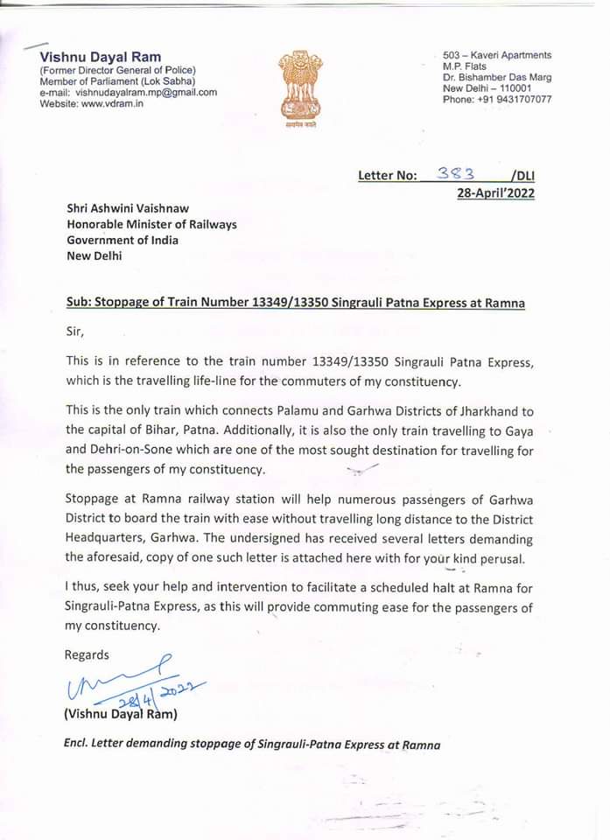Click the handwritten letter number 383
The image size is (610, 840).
454,174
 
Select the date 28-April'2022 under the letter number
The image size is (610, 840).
495,193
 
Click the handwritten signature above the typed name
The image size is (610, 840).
123,677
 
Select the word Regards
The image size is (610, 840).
88,654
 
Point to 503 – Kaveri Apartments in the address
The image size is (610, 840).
496,55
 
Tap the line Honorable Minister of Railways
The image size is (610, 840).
152,224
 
